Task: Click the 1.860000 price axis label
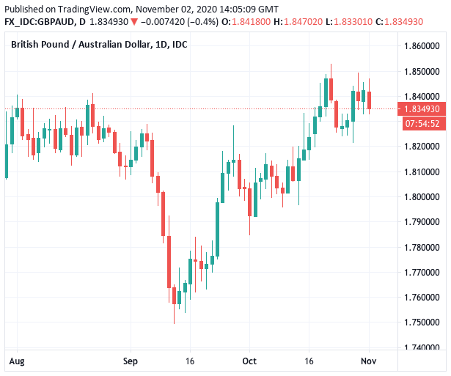click(420, 46)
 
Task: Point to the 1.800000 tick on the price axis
click(420, 197)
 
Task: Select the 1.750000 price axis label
click(420, 322)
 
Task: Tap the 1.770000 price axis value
click(420, 273)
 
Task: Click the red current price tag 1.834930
click(421, 109)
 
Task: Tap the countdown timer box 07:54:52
click(421, 123)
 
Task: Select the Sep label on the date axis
click(131, 361)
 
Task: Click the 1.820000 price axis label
click(420, 147)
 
